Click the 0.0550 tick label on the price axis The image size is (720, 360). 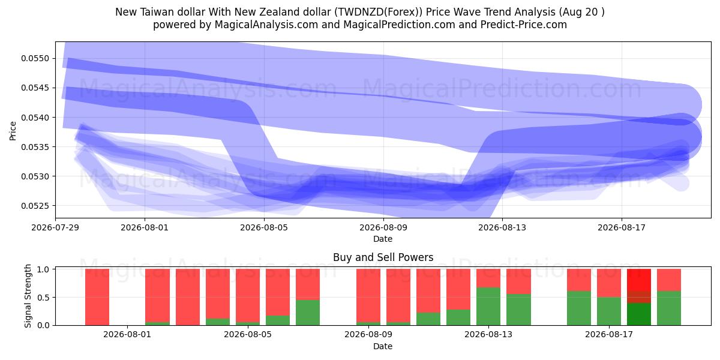35,59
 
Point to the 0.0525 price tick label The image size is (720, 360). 35,206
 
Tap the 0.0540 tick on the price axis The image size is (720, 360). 35,118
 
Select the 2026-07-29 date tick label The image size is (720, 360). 55,227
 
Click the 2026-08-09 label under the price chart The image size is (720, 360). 383,227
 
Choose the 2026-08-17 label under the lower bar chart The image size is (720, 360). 609,335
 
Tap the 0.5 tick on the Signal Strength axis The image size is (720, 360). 44,298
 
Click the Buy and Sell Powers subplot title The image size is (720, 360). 383,257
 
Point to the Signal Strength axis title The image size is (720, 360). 28,296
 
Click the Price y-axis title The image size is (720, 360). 13,131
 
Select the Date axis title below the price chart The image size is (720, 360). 383,239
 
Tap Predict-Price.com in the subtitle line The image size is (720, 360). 524,25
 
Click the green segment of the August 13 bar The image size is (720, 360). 488,307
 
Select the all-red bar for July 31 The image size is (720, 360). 97,297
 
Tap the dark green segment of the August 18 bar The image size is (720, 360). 639,314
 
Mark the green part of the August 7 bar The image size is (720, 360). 308,313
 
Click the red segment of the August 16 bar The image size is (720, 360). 579,280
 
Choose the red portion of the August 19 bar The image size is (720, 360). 669,280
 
